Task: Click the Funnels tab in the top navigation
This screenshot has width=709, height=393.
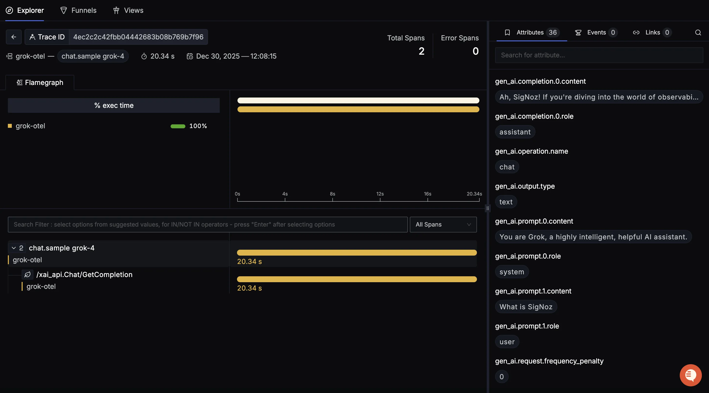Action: (78, 11)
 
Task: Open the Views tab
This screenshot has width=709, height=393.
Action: (128, 11)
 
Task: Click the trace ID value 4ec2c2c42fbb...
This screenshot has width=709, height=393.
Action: (138, 37)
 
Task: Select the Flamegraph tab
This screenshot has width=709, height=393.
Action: (40, 82)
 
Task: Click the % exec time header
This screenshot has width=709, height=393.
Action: (114, 105)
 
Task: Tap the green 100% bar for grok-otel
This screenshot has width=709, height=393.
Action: (178, 126)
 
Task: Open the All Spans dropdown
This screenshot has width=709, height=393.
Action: (443, 225)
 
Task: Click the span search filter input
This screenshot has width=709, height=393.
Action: (207, 225)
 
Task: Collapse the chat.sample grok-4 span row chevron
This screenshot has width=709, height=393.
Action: (14, 248)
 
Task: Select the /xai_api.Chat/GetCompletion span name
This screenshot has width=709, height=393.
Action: (84, 275)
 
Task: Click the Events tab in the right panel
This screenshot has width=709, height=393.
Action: (596, 33)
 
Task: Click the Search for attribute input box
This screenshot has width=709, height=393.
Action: (599, 55)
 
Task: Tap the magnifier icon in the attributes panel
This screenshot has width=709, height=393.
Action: (698, 33)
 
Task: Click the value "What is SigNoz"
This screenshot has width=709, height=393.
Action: (526, 307)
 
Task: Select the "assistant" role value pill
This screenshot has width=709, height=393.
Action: (515, 132)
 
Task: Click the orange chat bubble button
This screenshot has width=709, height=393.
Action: (690, 375)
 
